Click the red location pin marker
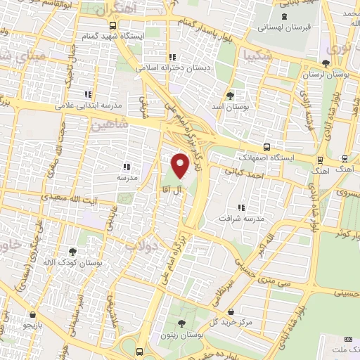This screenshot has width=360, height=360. point(181,165)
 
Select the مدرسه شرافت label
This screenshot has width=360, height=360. point(243,218)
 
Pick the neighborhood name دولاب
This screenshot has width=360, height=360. point(141,245)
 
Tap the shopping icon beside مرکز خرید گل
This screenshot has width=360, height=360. point(231,311)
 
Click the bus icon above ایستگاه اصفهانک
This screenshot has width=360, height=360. point(266,147)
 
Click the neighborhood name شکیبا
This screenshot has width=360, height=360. point(255,53)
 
